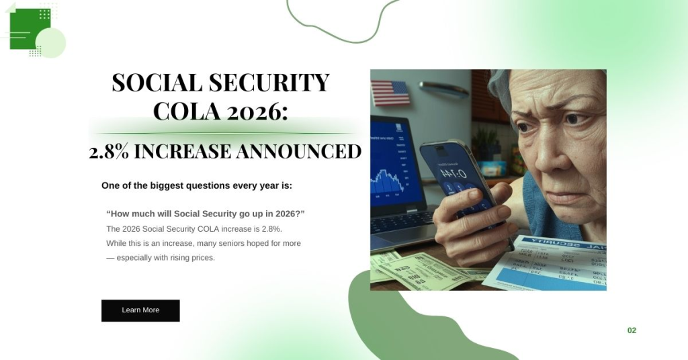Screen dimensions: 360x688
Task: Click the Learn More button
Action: coord(140,310)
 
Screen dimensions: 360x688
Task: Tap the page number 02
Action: coord(632,330)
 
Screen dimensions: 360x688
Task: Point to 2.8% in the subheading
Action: coord(110,152)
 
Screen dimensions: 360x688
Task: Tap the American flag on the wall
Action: coord(390,93)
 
